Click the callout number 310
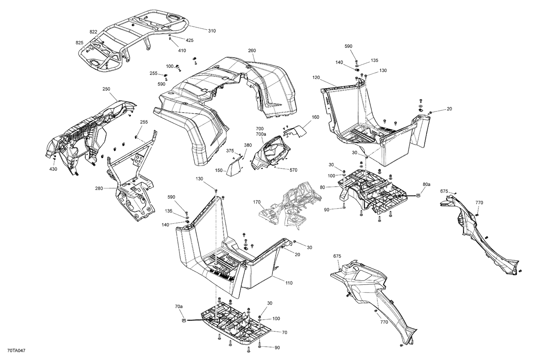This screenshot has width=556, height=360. [x=211, y=31]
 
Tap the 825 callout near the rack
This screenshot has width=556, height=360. [x=80, y=43]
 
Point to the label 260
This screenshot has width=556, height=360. [x=252, y=50]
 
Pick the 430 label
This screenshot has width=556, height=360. [x=53, y=169]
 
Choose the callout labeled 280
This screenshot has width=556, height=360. [x=99, y=189]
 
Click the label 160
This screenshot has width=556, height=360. [x=315, y=117]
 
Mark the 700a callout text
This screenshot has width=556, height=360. [x=261, y=134]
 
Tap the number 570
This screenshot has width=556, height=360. [x=293, y=170]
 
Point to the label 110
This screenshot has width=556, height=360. [x=289, y=283]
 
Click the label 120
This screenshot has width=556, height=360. [x=316, y=78]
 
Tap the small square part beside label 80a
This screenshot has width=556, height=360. [x=418, y=195]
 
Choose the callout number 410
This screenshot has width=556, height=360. [x=182, y=51]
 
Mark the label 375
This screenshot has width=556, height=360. [x=230, y=151]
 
